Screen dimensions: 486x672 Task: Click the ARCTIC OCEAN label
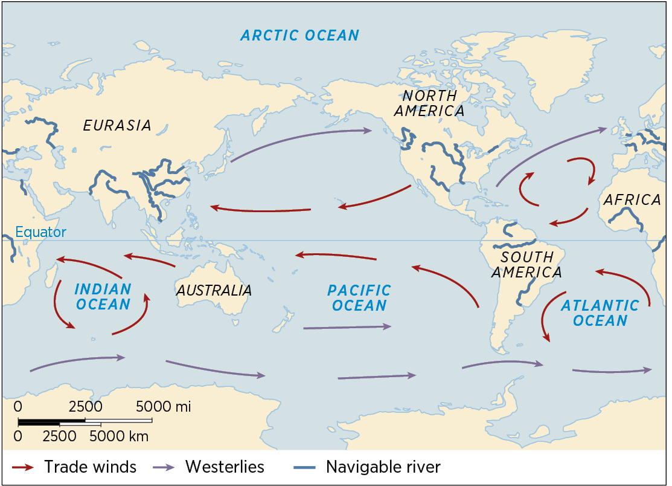(299, 35)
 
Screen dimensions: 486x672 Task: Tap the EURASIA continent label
(117, 125)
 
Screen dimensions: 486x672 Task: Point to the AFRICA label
(632, 200)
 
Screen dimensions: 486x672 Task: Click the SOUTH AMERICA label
(526, 265)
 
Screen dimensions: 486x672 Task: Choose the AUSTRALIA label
(214, 290)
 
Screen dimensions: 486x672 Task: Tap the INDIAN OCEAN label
(102, 296)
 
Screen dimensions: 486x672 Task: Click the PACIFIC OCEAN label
(359, 298)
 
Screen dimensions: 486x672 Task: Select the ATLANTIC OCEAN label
(599, 313)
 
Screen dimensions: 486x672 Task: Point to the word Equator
(40, 232)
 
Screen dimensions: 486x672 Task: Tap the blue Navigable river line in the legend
(306, 467)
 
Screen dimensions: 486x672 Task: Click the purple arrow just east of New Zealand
(347, 327)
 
